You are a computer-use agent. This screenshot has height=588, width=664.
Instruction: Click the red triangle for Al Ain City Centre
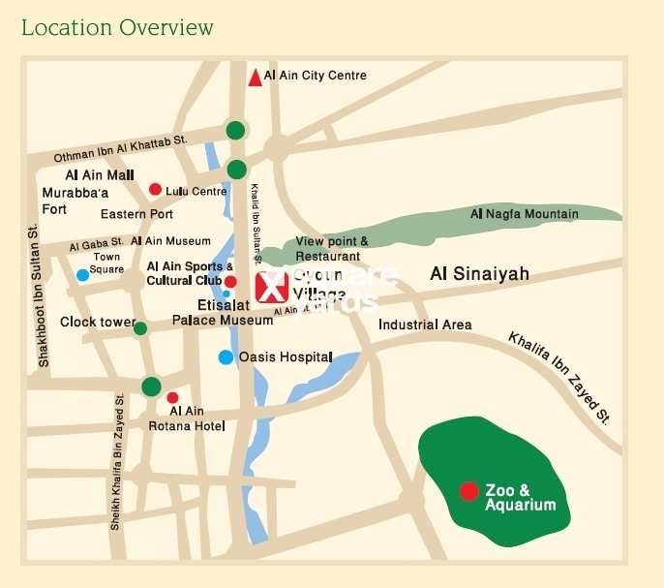255,77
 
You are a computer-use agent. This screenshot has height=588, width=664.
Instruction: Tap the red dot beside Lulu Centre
155,190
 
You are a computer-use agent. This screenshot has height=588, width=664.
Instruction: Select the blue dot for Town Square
83,275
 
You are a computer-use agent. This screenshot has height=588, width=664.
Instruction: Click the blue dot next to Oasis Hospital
226,357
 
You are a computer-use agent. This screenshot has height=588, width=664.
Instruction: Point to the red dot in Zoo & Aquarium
468,491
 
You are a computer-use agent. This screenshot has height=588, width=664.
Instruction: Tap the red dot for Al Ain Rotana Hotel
172,397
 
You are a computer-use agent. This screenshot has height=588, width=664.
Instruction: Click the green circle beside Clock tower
140,328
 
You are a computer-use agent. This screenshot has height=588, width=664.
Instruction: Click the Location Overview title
117,26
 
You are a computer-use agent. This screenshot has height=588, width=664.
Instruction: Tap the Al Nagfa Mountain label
524,213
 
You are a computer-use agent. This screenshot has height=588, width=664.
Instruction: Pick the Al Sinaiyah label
479,275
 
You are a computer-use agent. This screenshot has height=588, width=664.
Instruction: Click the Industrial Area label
425,325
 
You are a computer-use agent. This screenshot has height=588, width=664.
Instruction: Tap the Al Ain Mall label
99,175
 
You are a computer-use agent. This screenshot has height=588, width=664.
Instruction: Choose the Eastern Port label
136,214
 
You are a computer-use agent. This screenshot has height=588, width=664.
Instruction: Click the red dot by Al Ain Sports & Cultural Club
230,281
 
